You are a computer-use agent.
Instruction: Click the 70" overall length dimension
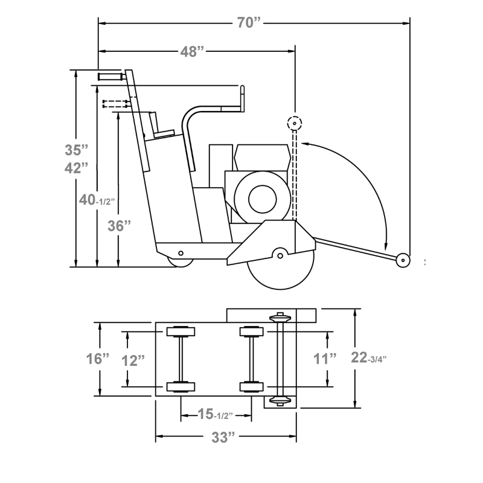click(x=248, y=23)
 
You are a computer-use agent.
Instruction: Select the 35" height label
click(x=77, y=149)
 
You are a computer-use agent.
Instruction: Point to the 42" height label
click(x=77, y=168)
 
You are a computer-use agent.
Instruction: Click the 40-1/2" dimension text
click(x=96, y=199)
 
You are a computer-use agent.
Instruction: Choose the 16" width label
click(x=97, y=359)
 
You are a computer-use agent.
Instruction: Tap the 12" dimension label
click(x=132, y=360)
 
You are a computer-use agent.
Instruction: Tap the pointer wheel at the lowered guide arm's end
click(x=401, y=260)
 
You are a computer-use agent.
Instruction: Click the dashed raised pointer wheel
click(x=294, y=123)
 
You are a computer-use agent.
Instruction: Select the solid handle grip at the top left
click(x=110, y=77)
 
